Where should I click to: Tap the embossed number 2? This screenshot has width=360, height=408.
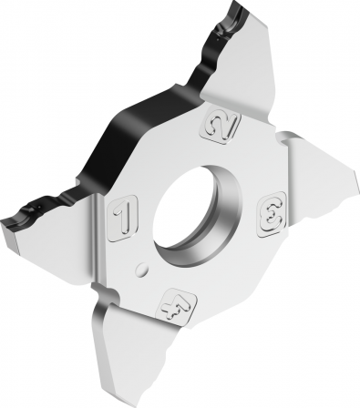[220, 126]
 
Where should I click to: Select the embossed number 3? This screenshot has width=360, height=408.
[272, 214]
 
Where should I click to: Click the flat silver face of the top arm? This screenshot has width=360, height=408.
[243, 61]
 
